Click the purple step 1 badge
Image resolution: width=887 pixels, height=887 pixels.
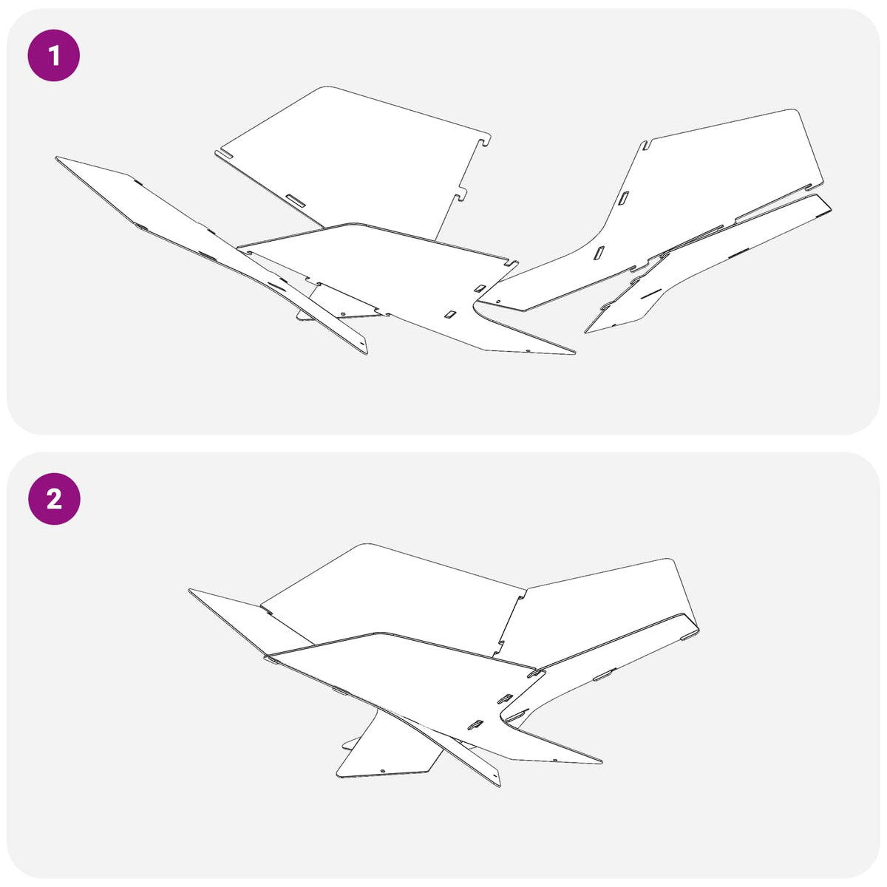54,55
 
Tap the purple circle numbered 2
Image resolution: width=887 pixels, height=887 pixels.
54,498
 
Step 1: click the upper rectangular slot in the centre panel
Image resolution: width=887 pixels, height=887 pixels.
480,288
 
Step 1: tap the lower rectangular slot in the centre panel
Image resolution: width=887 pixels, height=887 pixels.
449,315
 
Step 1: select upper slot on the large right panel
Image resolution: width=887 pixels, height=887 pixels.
624,197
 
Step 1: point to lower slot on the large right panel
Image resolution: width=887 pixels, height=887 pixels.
599,253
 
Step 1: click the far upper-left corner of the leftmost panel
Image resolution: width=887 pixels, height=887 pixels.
57,158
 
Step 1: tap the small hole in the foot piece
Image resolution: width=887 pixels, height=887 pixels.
344,313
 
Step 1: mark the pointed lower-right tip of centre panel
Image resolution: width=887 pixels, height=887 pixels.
574,353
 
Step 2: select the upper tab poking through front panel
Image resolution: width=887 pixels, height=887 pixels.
505,699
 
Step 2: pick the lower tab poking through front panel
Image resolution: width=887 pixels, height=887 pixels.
476,724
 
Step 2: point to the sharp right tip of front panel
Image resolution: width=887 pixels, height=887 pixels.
601,762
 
